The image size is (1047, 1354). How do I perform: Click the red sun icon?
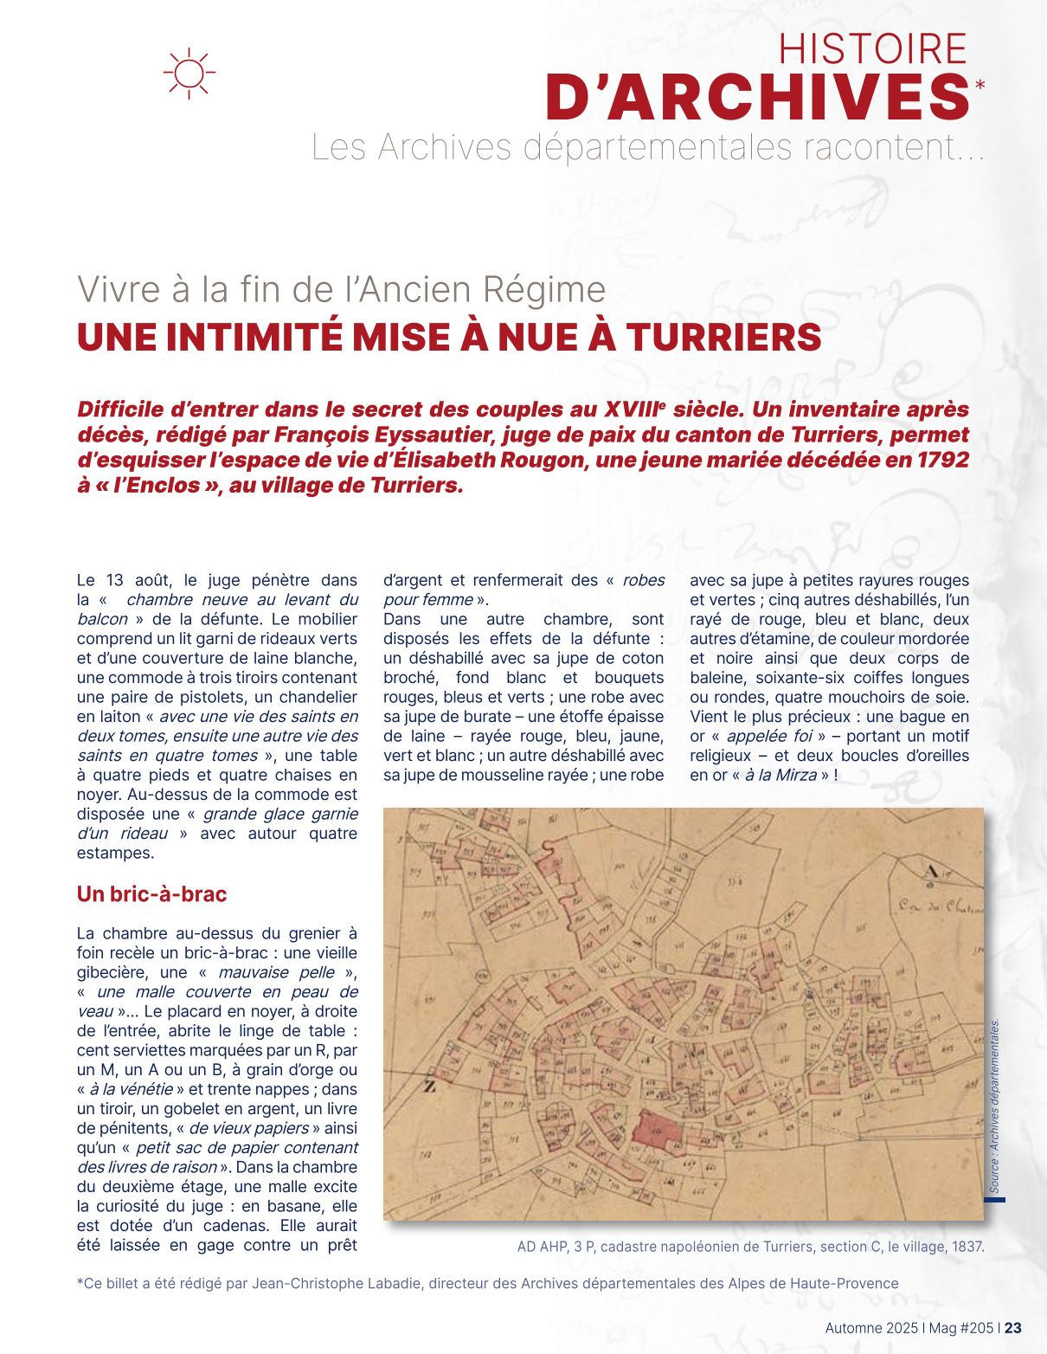tap(189, 73)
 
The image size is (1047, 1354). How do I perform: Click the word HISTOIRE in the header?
tap(872, 48)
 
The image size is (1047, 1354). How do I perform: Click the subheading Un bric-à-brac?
tap(151, 893)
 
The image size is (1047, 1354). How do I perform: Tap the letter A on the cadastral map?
tap(931, 872)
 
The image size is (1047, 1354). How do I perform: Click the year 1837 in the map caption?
tap(967, 1247)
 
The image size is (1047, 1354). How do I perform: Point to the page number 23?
tap(1013, 1328)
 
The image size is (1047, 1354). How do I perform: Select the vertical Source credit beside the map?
tap(995, 1107)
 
